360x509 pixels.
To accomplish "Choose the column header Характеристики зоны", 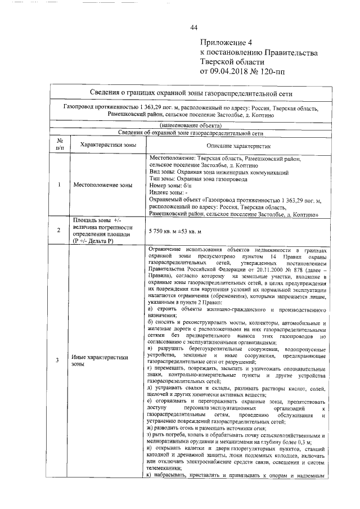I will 105,144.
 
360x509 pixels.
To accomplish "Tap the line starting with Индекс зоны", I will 169,192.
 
